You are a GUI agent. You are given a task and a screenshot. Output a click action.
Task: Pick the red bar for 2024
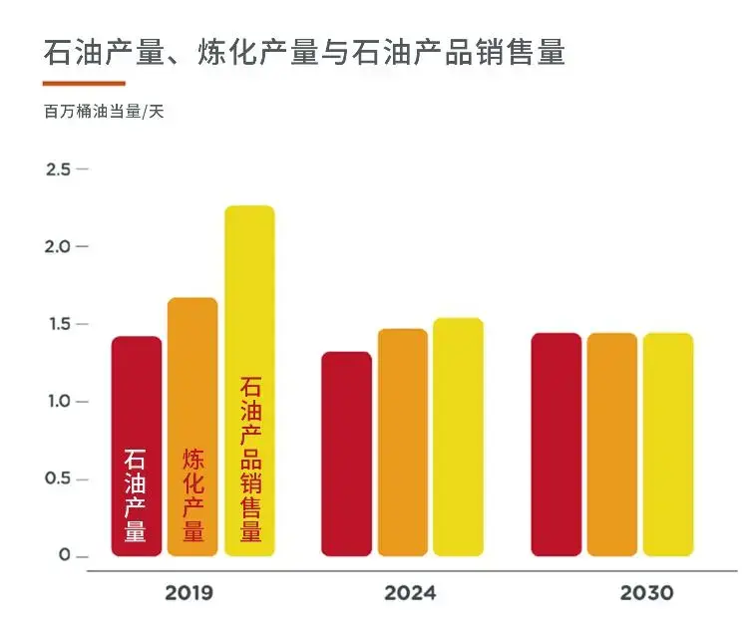pyautogui.click(x=347, y=454)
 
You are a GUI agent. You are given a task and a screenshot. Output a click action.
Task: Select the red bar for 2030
pyautogui.click(x=557, y=445)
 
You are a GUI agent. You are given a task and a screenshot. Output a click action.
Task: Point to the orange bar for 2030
pyautogui.click(x=611, y=445)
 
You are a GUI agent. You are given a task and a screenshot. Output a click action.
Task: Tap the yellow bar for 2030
pyautogui.click(x=667, y=445)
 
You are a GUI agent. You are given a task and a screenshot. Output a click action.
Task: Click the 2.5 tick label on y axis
pyautogui.click(x=58, y=169)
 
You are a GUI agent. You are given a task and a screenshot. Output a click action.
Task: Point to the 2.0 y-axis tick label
pyautogui.click(x=58, y=246)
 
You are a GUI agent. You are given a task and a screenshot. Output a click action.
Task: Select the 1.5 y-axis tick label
pyautogui.click(x=58, y=324)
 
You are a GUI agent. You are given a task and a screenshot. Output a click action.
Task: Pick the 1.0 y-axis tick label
pyautogui.click(x=58, y=402)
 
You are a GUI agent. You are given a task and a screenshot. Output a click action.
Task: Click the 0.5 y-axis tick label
pyautogui.click(x=58, y=478)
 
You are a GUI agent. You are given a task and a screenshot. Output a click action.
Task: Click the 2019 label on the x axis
pyautogui.click(x=188, y=593)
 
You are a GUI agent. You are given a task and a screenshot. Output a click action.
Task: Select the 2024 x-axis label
pyautogui.click(x=410, y=593)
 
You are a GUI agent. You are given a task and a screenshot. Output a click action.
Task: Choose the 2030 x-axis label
pyautogui.click(x=646, y=593)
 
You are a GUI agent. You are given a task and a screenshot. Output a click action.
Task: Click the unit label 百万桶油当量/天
pyautogui.click(x=104, y=112)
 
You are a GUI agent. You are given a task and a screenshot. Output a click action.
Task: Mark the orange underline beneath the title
pyautogui.click(x=85, y=83)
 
